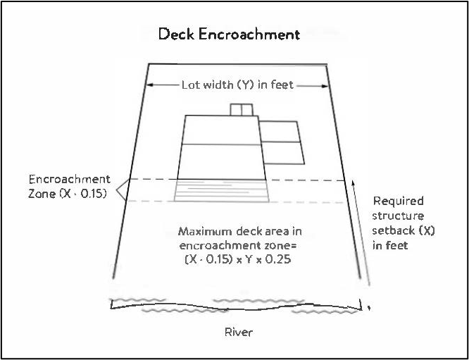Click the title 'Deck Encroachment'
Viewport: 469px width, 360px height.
230,34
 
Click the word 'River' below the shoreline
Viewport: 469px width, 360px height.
237,333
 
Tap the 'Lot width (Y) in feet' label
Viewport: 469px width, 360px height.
238,85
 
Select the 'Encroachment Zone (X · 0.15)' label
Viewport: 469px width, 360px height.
69,187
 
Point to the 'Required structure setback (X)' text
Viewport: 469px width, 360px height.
399,223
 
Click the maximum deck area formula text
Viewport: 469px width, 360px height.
235,245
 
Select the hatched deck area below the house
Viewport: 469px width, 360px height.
222,191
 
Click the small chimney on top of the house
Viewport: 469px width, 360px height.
241,109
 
